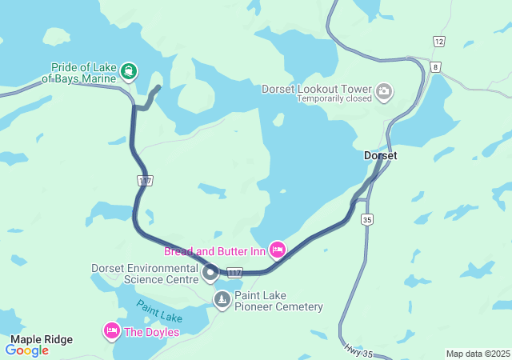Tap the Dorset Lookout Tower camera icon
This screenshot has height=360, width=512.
click(x=384, y=91)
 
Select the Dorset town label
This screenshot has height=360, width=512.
click(x=380, y=155)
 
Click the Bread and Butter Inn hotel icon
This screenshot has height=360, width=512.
click(x=278, y=250)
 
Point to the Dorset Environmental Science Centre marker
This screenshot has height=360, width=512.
click(x=210, y=274)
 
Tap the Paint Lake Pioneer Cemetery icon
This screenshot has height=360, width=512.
click(x=222, y=300)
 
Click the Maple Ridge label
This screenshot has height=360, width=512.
click(x=42, y=339)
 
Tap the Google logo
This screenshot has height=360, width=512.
click(x=27, y=350)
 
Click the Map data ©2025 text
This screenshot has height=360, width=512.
click(x=477, y=354)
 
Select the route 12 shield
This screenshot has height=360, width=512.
click(x=438, y=42)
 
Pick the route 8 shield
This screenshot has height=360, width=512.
click(x=434, y=67)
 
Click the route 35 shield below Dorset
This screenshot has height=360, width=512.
click(x=367, y=219)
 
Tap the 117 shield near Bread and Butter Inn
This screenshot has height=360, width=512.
click(x=234, y=273)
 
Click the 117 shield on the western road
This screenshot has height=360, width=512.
click(x=144, y=181)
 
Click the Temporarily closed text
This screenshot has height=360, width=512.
click(x=334, y=99)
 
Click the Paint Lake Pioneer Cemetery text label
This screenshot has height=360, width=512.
click(x=278, y=301)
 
